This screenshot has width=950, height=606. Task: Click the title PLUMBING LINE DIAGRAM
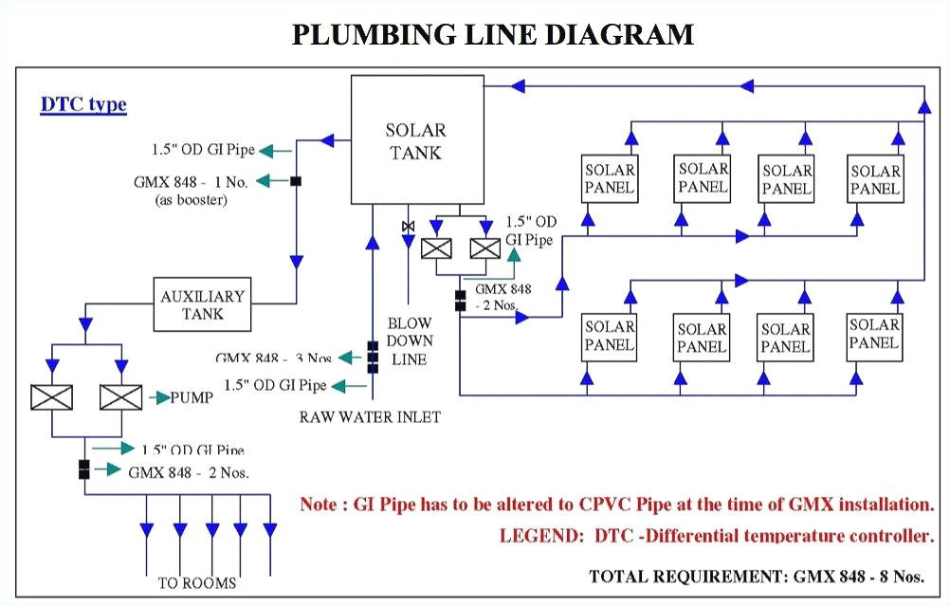[492, 34]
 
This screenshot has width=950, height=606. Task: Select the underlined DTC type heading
[83, 104]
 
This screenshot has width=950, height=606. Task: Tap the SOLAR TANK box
[414, 140]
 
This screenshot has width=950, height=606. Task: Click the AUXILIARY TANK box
[202, 304]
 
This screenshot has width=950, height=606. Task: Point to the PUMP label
[192, 397]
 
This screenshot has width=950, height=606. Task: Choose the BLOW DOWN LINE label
[410, 340]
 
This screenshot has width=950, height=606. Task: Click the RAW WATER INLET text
[371, 416]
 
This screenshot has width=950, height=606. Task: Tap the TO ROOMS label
[196, 581]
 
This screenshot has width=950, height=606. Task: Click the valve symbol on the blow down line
[408, 227]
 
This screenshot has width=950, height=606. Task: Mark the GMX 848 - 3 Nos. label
[274, 358]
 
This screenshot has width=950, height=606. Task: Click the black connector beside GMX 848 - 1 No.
[296, 180]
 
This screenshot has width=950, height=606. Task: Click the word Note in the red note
[318, 505]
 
